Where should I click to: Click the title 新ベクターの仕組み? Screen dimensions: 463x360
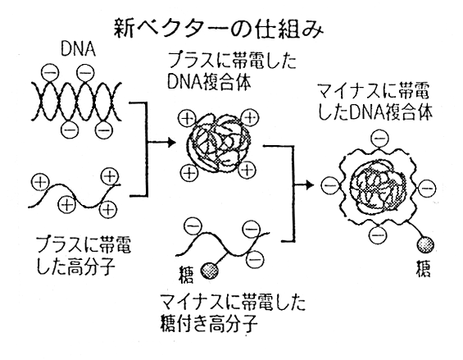point(219,30)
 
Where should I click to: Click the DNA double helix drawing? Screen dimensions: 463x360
point(76,102)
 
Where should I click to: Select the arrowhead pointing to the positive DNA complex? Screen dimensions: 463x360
point(171,143)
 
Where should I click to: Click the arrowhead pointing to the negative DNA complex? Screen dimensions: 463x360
point(310,185)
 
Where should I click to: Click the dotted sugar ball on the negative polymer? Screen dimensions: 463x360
point(209,271)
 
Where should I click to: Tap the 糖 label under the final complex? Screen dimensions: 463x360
point(423,268)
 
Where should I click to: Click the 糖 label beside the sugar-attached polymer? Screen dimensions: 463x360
point(186,275)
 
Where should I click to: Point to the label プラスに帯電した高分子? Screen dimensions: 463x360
point(83,255)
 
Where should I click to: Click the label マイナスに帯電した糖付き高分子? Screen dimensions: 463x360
point(233,313)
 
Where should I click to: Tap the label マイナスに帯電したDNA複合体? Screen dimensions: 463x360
point(375,102)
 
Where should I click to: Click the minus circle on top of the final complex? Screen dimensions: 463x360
point(380,139)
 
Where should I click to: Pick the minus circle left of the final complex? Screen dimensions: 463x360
point(330,186)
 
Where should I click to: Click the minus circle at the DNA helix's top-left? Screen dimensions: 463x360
point(50,73)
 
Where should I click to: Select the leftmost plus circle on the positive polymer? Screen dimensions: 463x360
point(40,182)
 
